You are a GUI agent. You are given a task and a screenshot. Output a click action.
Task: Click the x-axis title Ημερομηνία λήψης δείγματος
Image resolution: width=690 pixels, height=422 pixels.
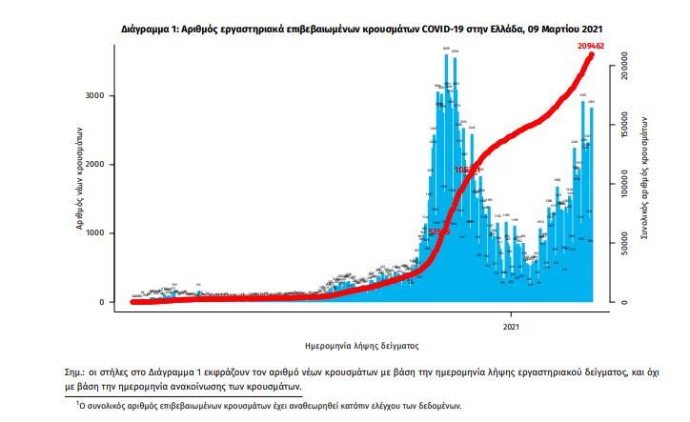tap(354, 345)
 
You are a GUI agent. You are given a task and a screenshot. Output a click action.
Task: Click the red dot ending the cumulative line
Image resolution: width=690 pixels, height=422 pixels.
tap(591, 55)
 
